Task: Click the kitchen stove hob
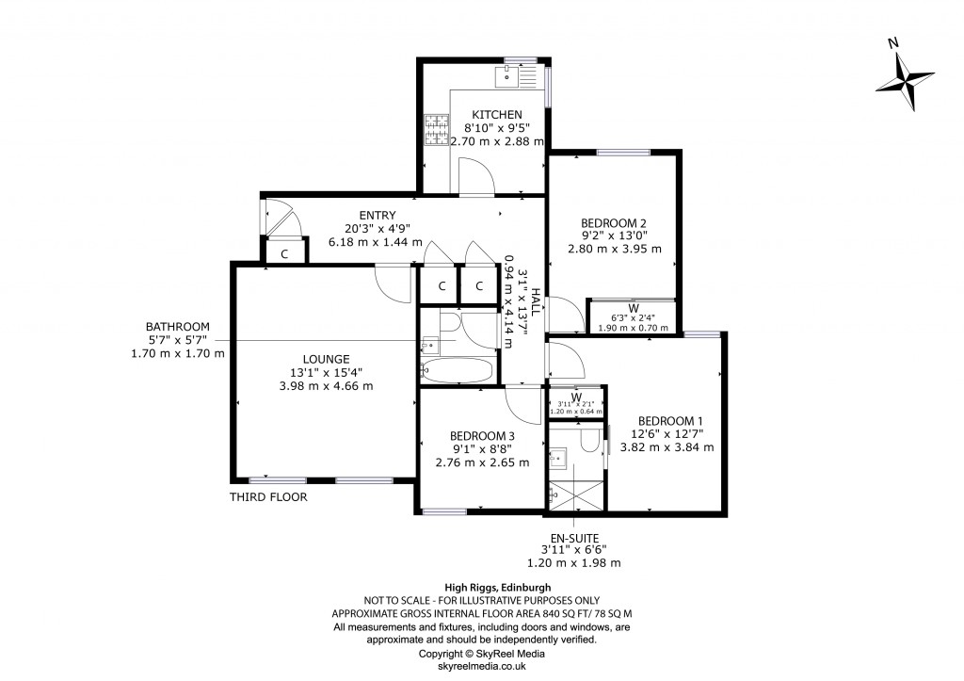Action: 438,131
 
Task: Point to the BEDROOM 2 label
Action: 614,223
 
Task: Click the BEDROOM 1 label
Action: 670,420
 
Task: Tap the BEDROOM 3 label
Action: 482,435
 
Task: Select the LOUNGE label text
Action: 326,359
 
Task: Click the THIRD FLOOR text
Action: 268,497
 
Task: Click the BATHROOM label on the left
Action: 178,326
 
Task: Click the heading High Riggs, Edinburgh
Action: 481,587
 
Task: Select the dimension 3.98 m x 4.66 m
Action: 326,385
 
